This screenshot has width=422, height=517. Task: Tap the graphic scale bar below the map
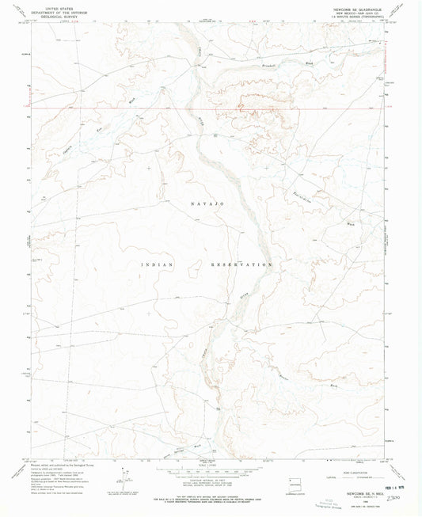click(211, 470)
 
